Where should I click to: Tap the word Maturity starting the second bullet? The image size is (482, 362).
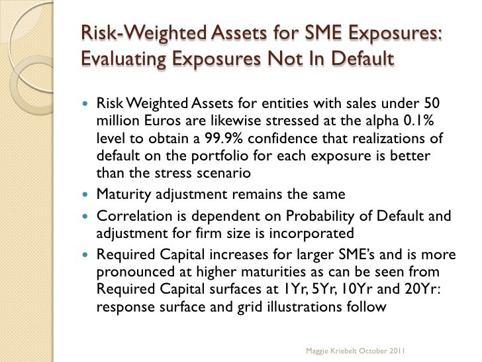pyautogui.click(x=120, y=196)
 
